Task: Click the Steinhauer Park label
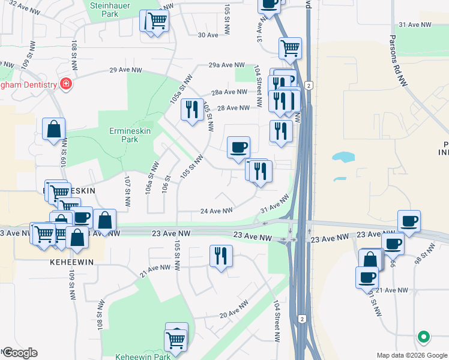[108, 8]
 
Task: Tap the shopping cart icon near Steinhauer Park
[158, 21]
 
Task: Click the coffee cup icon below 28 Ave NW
[238, 146]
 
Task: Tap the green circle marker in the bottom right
[424, 337]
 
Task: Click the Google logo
[19, 353]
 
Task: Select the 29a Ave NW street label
[227, 65]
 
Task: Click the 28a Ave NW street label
[229, 92]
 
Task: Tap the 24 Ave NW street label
[216, 211]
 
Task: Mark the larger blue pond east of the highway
[343, 158]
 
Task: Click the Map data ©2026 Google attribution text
[411, 355]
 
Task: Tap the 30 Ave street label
[208, 35]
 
